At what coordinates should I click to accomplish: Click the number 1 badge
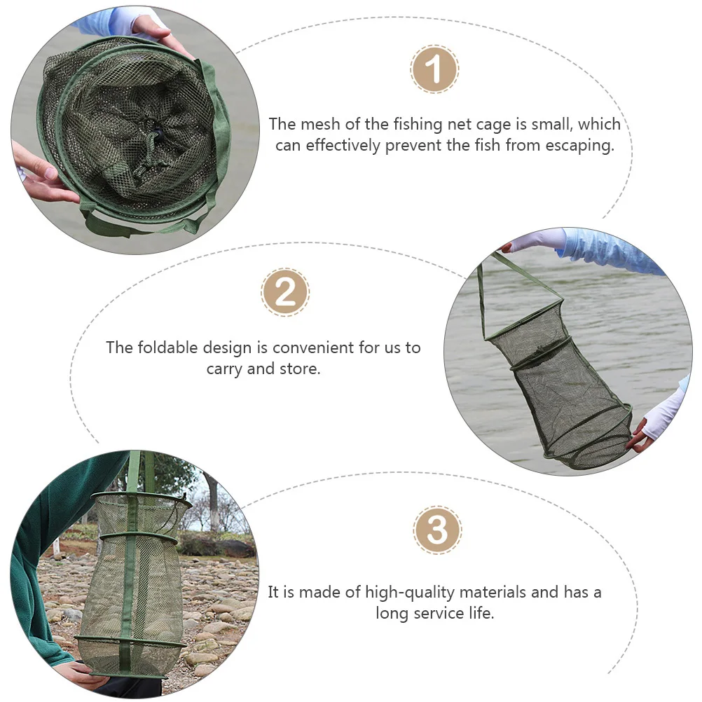pyautogui.click(x=434, y=69)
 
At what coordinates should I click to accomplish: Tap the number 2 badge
pyautogui.click(x=285, y=292)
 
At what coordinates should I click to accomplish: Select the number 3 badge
pyautogui.click(x=437, y=530)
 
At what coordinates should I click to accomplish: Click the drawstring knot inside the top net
pyautogui.click(x=149, y=128)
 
